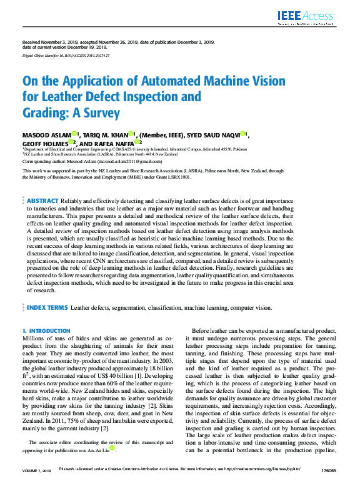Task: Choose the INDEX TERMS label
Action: coord(47,308)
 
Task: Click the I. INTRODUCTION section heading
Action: coord(46,330)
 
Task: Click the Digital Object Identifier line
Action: coord(66,56)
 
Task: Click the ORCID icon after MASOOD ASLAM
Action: coord(73,134)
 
